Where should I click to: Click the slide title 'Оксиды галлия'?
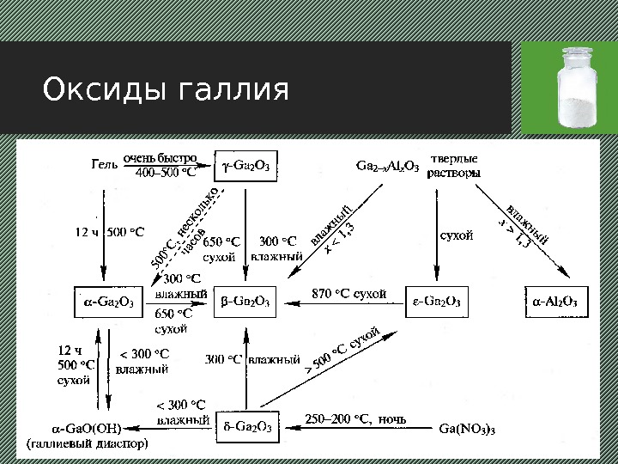pos(166,89)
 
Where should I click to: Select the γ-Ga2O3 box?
pos(245,167)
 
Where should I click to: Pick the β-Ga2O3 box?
pos(245,301)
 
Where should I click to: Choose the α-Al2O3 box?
pos(555,301)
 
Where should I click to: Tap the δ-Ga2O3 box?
pos(247,426)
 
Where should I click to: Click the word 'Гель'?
pos(104,163)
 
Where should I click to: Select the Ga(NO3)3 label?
pos(467,427)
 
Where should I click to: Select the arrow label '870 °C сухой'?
pos(348,293)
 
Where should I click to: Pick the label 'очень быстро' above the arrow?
pos(161,159)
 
